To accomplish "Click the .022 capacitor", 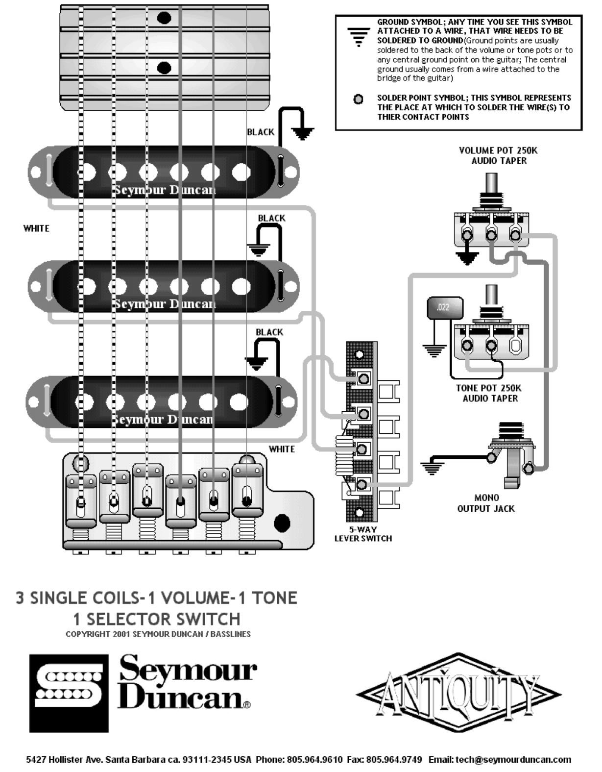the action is (445, 308).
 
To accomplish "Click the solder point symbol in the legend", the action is (359, 99).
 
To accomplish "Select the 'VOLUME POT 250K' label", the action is (498, 150).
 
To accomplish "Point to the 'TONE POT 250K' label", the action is (489, 388).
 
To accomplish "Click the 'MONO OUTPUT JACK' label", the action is (486, 503).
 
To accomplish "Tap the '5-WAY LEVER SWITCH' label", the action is (363, 534).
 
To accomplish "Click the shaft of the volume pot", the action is (492, 183).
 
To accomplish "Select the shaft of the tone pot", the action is (492, 295).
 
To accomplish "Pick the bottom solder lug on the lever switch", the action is (361, 484).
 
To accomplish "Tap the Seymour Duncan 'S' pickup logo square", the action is (69, 693).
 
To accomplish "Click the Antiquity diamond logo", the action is (458, 694).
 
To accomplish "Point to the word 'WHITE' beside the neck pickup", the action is (36, 228).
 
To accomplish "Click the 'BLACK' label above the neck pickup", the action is (261, 132).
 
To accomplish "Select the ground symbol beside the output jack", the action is (432, 469).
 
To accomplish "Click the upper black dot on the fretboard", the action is (164, 18).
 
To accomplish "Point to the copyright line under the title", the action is (158, 634).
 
